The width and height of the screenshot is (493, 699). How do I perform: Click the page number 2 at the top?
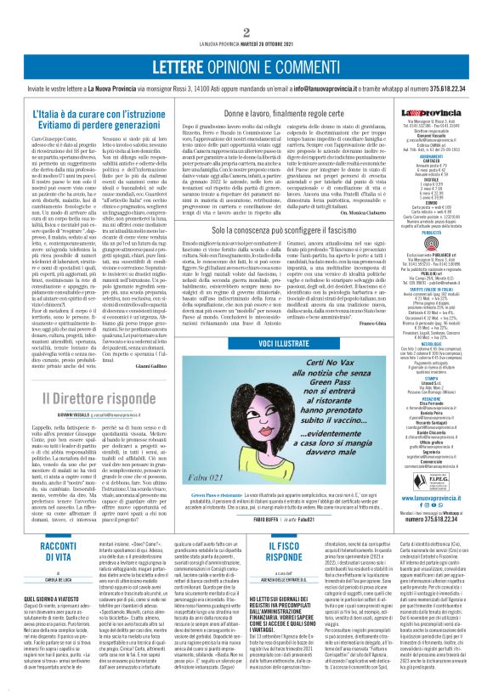tap(246, 8)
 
